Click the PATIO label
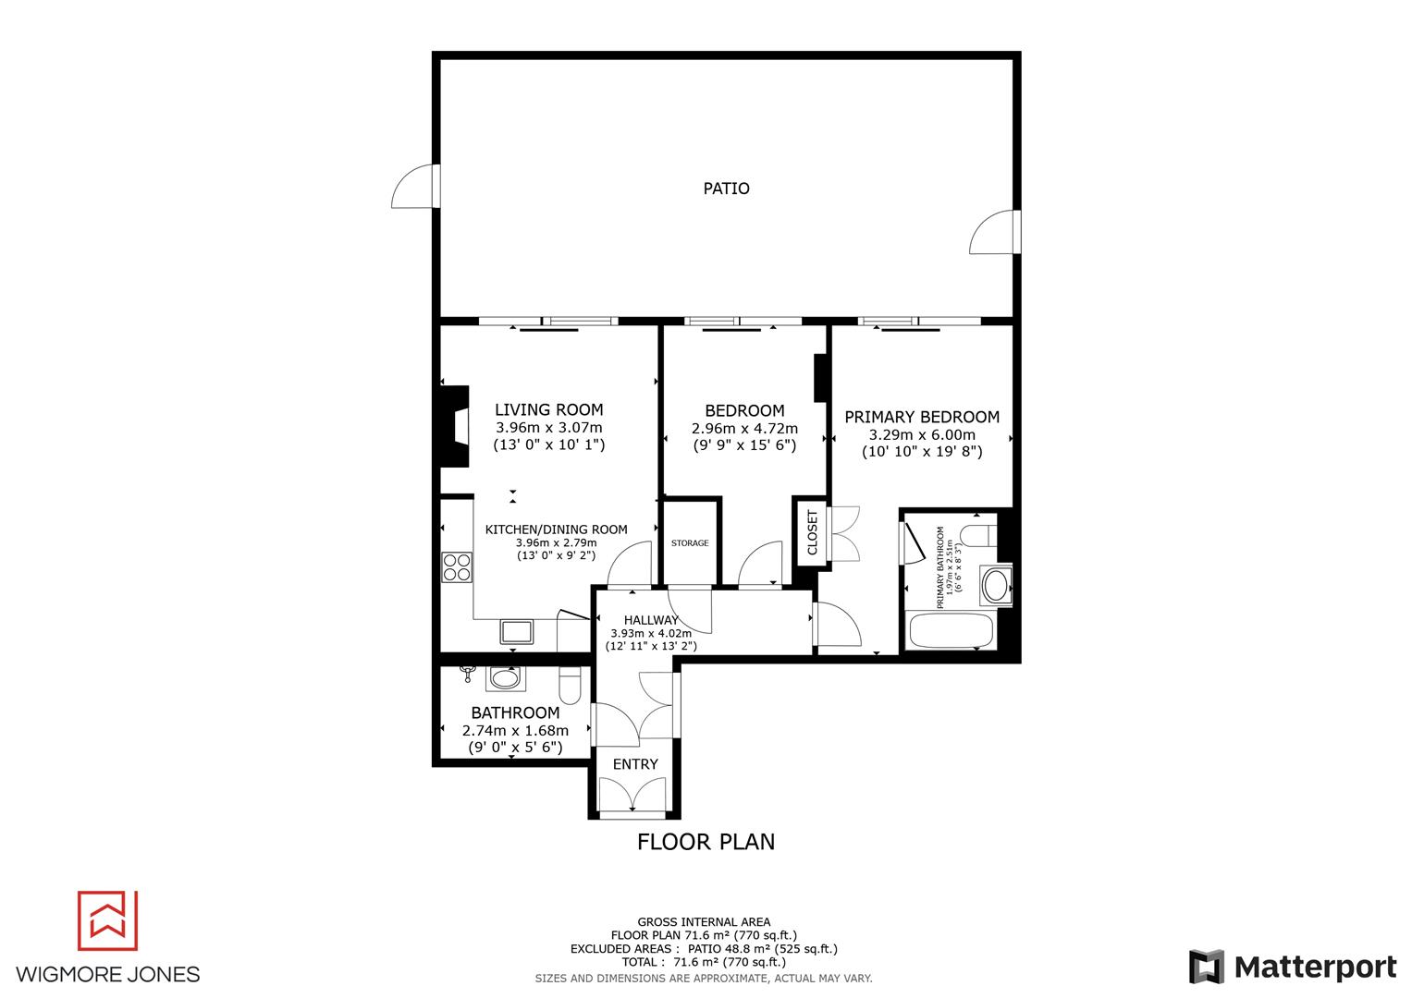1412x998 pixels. [726, 189]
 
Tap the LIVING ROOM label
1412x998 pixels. [548, 409]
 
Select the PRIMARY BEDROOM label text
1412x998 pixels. [922, 417]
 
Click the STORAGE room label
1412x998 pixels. [690, 543]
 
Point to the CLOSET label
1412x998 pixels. [813, 532]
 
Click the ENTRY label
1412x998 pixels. [635, 764]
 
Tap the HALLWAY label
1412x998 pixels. [651, 620]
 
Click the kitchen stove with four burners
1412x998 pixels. [457, 566]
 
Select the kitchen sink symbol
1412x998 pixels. [517, 631]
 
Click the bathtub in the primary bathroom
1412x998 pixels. [952, 631]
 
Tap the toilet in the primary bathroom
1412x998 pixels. [976, 535]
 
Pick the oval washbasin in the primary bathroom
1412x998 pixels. [997, 585]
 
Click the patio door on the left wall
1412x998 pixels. [414, 188]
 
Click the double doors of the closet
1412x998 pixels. [845, 533]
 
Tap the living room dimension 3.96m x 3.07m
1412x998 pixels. [548, 428]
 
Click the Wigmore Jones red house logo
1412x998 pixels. [107, 920]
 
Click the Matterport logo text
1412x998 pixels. [1315, 968]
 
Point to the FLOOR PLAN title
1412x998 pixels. [706, 842]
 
